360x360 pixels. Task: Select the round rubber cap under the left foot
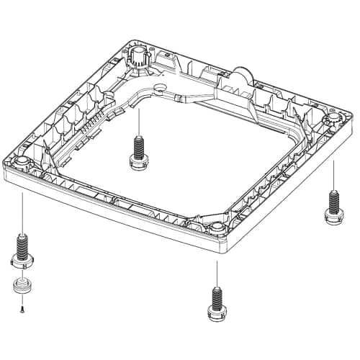(22, 287)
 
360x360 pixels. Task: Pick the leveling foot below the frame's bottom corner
(216, 302)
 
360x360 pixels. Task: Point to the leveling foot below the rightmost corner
(333, 205)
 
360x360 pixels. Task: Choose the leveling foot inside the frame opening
(137, 150)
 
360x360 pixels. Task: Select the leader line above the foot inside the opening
(137, 119)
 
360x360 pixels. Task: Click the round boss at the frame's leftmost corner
(22, 159)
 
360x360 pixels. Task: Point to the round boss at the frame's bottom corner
(217, 229)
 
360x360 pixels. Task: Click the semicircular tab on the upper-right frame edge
(243, 76)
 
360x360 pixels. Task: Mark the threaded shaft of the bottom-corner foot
(216, 296)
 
